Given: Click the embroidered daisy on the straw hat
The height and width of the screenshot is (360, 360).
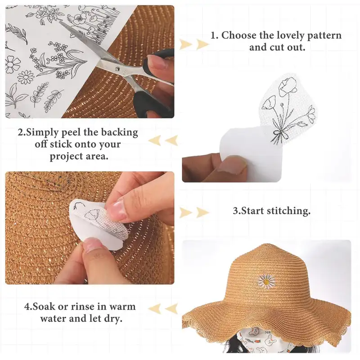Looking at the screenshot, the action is tap(266, 281).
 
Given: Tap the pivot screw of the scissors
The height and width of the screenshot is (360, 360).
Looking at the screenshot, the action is tap(117, 68).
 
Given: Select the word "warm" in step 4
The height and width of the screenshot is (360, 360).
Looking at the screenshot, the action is tap(122, 307).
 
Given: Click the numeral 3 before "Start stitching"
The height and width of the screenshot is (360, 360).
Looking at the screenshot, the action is tap(236, 211).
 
